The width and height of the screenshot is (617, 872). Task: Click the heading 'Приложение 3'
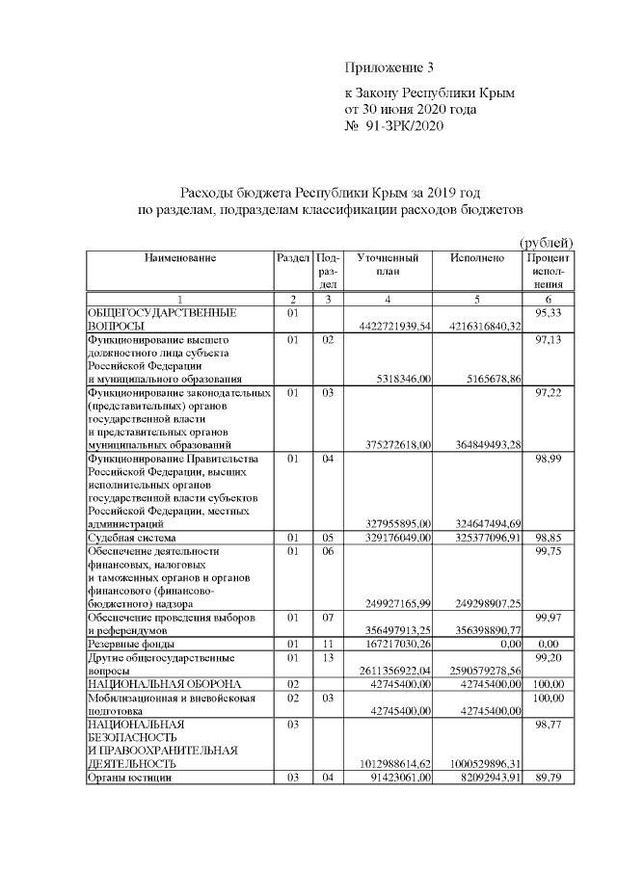point(390,67)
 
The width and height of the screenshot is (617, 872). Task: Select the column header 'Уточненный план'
point(387,264)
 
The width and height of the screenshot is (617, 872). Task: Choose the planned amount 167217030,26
point(398,644)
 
